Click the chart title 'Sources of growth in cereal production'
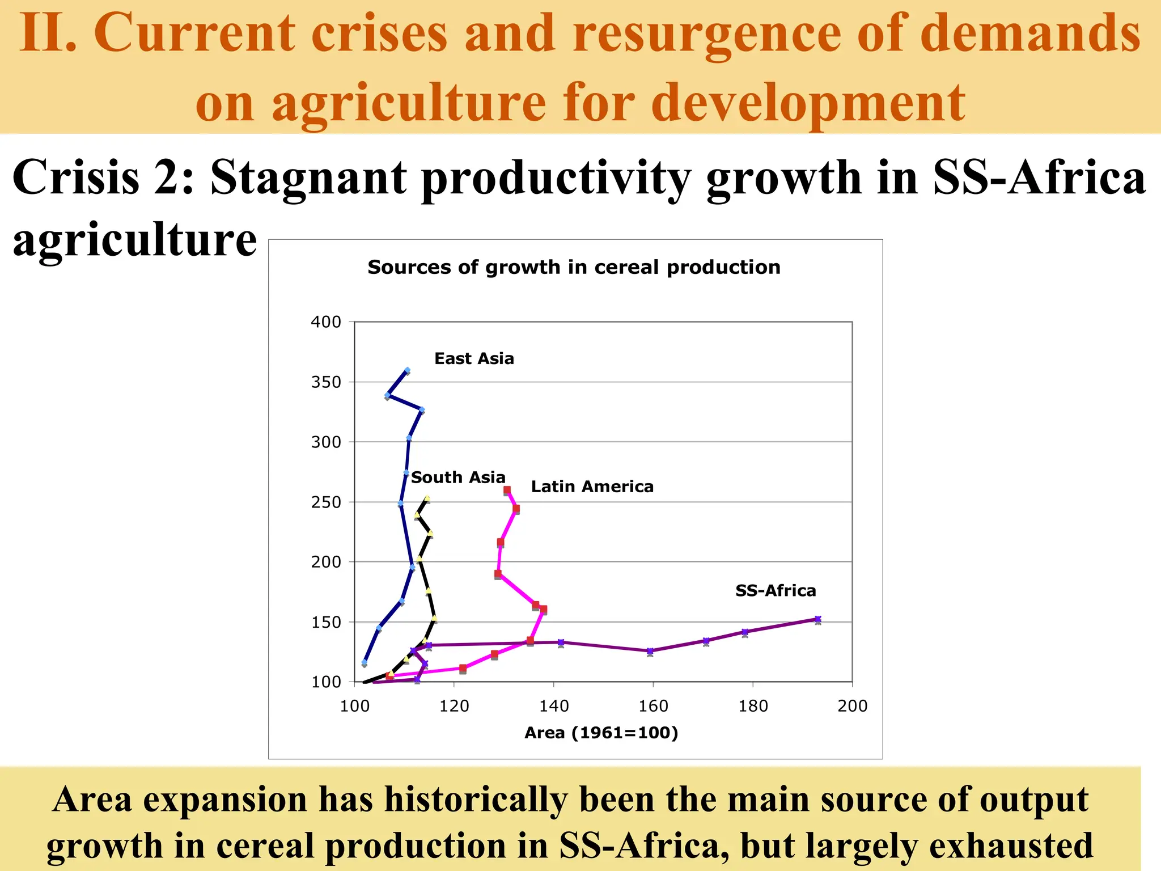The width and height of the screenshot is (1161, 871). pos(574,267)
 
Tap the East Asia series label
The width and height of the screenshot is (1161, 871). pos(474,358)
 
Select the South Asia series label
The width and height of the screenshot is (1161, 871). pos(458,477)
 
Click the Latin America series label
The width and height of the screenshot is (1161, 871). pos(592,487)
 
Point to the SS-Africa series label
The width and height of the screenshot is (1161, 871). pos(776,590)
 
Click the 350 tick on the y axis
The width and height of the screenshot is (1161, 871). pos(326,382)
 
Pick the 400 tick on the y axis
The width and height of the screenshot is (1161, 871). pos(326,322)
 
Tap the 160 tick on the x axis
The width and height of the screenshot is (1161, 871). pos(653,706)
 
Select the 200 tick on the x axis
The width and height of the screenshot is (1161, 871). pos(852,706)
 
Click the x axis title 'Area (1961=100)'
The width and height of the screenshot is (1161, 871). pos(601,733)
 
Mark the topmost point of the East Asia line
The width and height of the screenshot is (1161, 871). pos(407,371)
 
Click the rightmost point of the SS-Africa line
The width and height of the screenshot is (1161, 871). pos(817,620)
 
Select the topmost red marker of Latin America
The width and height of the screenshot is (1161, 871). pos(507,490)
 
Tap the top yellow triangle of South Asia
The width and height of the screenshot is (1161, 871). pos(427,498)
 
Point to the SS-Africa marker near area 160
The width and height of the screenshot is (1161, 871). pos(650,651)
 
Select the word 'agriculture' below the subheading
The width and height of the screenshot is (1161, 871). pos(135,239)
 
